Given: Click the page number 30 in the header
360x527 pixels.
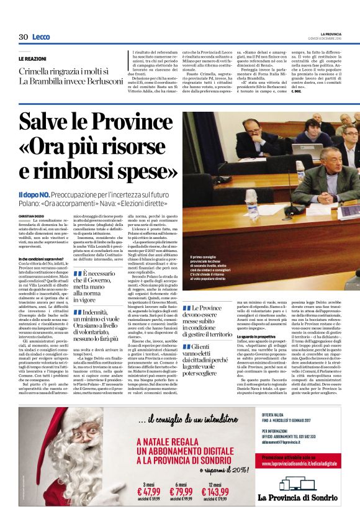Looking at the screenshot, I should tap(24, 37).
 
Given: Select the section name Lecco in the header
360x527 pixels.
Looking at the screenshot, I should tap(41, 37).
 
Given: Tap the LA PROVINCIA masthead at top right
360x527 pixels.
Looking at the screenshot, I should tap(335, 34).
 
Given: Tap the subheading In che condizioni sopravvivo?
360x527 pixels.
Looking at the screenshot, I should tap(43, 258).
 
